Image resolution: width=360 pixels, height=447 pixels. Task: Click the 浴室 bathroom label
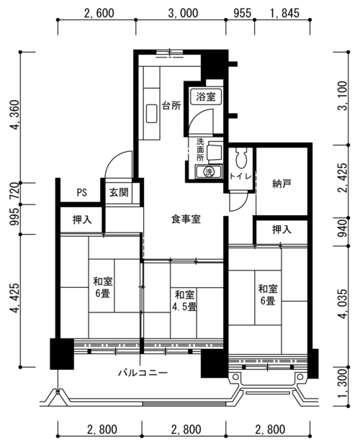(205, 96)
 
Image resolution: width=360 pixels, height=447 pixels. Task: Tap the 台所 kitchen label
(171, 106)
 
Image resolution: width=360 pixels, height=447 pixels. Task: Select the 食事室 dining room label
(186, 219)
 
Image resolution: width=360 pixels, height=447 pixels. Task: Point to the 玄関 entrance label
(119, 192)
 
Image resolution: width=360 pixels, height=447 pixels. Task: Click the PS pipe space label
(81, 192)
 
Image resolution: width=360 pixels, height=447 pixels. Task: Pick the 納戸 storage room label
(282, 184)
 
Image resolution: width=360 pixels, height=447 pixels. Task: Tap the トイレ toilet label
(240, 176)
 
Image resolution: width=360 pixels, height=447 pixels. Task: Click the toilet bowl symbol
(241, 158)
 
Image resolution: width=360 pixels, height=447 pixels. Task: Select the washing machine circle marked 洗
(209, 172)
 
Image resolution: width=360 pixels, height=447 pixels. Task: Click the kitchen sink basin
(151, 114)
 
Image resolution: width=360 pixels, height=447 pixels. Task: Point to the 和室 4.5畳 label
(184, 300)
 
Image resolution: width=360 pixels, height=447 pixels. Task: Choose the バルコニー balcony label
(143, 373)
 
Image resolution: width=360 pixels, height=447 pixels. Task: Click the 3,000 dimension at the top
(183, 13)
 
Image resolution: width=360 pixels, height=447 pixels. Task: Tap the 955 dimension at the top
(243, 13)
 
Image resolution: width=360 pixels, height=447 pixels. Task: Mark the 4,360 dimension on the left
(14, 114)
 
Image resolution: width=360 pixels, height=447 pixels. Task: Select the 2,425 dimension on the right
(342, 178)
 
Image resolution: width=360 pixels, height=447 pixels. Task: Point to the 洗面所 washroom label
(200, 150)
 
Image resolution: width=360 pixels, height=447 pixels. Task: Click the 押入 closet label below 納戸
(282, 229)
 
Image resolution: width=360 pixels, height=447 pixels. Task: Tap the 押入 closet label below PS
(82, 220)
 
